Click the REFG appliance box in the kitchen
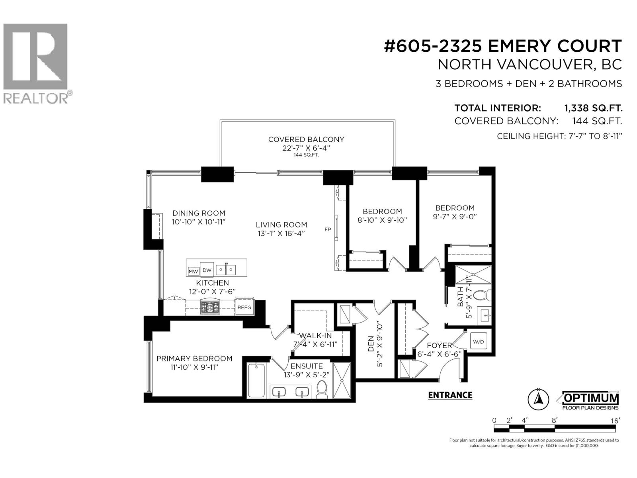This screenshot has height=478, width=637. coord(244,307)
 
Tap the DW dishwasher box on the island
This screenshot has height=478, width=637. coord(207,270)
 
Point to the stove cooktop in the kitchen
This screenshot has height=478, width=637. coord(210,307)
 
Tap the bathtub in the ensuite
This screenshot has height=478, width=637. coord(256,380)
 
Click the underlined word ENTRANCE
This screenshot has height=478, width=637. coord(450,395)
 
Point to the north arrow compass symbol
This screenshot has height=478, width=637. coord(538,399)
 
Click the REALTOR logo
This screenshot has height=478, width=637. coord(36,64)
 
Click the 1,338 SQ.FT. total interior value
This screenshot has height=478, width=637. coord(593,108)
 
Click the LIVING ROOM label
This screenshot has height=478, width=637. coord(281,225)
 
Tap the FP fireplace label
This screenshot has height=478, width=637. coord(328,229)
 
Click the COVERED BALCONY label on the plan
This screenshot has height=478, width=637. coord(306,139)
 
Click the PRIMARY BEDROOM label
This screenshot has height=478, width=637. coord(194,358)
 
